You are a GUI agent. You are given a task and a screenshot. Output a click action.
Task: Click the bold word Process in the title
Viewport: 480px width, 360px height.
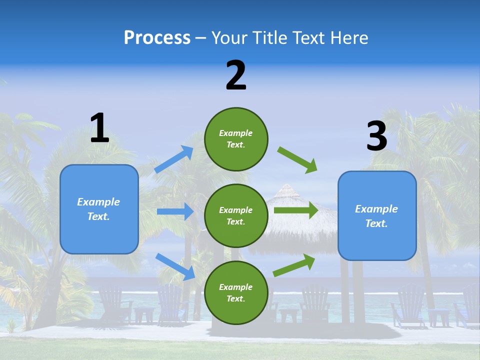[x=157, y=38]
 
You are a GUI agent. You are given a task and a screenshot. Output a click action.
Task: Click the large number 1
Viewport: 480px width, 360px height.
[x=99, y=128]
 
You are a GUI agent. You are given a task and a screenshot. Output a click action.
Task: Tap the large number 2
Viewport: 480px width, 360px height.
[x=236, y=75]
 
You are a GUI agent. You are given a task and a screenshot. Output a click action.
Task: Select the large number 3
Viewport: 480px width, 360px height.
[x=376, y=136]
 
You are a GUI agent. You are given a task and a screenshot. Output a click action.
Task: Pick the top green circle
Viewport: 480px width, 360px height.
[x=236, y=138]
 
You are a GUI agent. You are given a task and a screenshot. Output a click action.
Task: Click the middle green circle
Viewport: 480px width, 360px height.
[x=236, y=215]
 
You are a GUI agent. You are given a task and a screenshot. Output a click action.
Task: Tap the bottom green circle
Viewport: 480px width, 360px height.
[x=236, y=292]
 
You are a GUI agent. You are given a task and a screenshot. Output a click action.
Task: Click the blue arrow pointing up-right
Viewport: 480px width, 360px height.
[x=173, y=159]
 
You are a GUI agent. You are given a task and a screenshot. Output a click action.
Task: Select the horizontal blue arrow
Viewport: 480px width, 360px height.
[x=175, y=211]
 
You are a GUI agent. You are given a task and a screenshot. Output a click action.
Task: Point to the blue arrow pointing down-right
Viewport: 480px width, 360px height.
[x=175, y=266]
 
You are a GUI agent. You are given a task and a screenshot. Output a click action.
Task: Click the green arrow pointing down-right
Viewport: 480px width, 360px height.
[x=297, y=160]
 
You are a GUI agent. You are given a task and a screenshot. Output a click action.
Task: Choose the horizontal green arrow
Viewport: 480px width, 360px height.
[x=296, y=210]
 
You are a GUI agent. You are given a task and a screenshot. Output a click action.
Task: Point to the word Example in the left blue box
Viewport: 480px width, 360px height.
[x=98, y=202]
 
